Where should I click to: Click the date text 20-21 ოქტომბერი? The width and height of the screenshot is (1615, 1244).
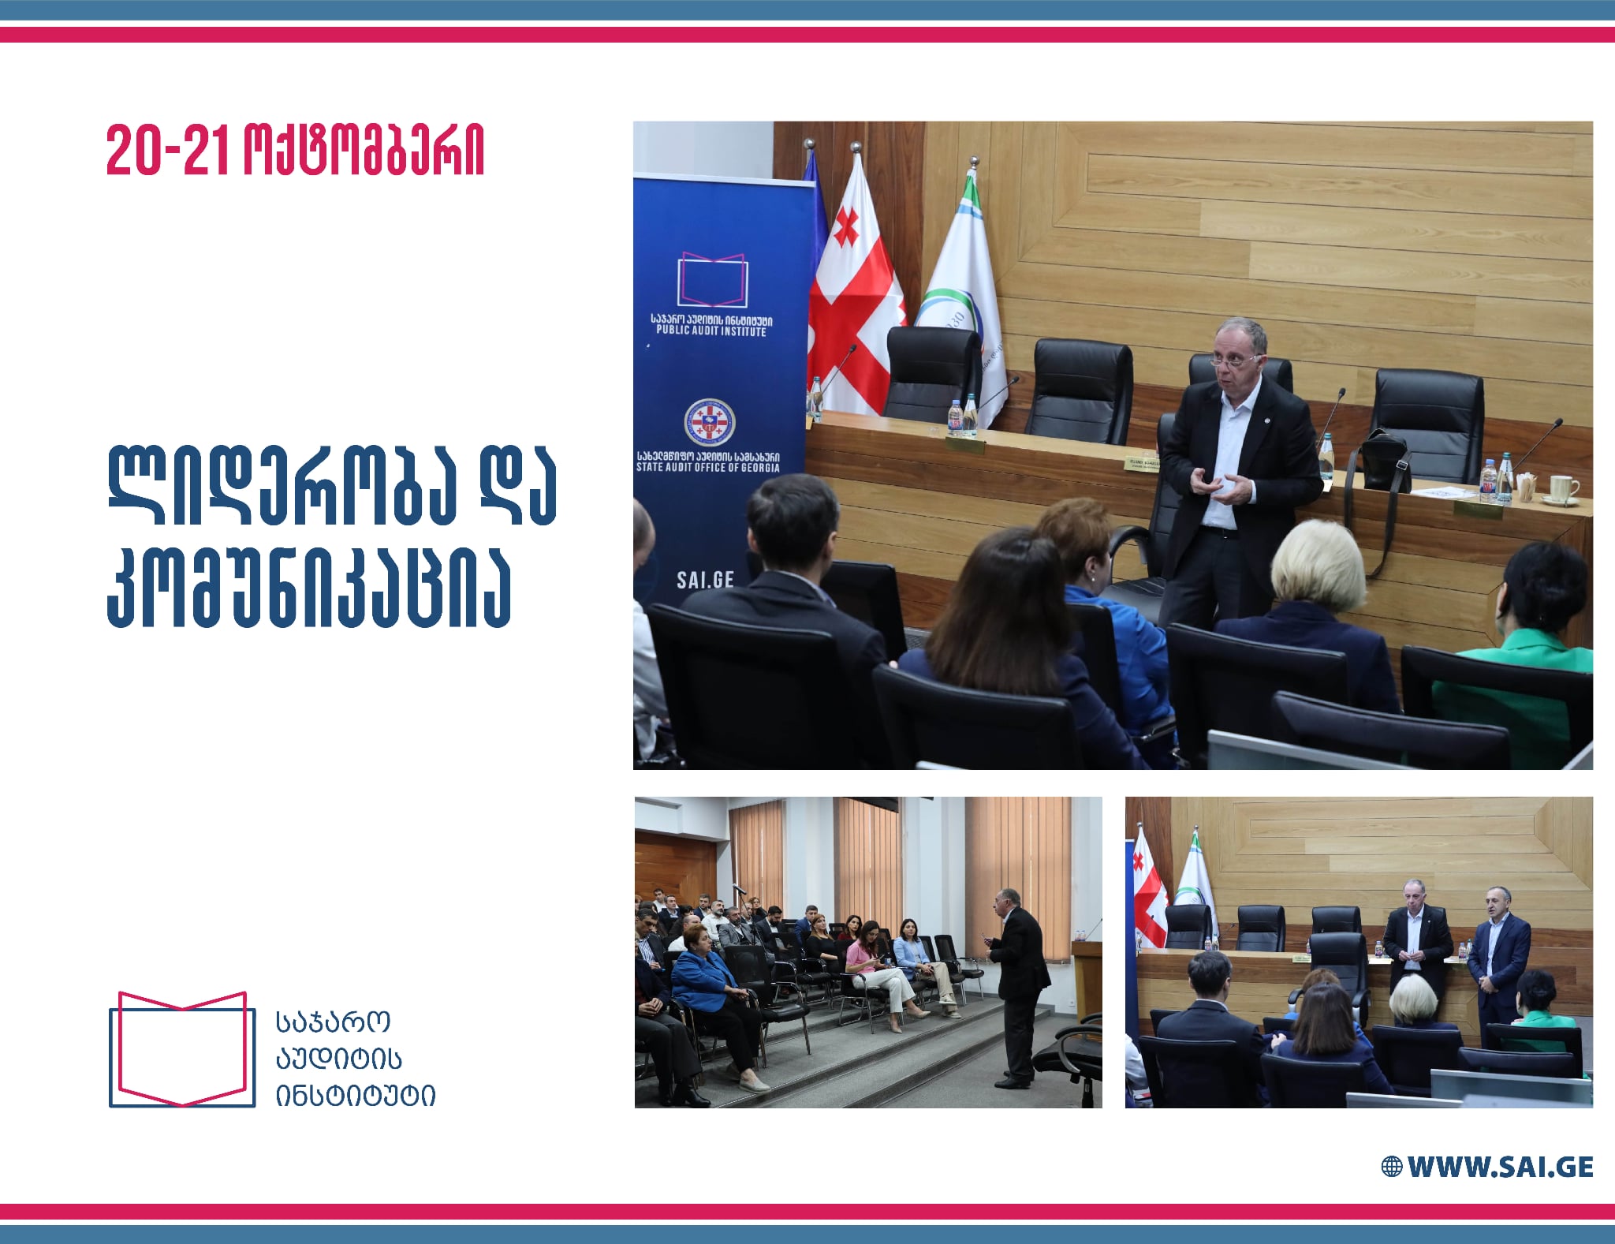(x=295, y=150)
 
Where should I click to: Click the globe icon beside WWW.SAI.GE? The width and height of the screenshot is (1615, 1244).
(x=1391, y=1167)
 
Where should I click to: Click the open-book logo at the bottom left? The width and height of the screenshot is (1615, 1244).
(x=182, y=1048)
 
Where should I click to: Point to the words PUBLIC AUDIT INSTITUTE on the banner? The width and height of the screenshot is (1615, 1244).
(x=711, y=331)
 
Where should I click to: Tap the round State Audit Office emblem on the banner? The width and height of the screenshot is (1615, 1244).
(x=709, y=421)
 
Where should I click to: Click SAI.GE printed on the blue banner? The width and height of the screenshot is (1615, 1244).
(x=705, y=580)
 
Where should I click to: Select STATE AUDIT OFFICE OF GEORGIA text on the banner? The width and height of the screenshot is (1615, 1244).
(x=708, y=468)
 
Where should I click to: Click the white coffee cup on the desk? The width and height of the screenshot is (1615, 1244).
(x=1561, y=489)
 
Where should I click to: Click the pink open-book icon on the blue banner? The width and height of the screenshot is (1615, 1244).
(x=712, y=281)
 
